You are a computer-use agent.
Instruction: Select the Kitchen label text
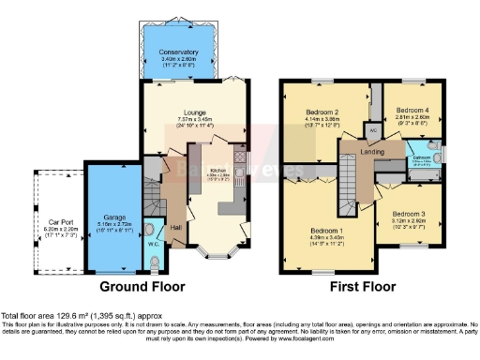click(217, 169)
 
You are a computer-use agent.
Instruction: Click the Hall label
click(177, 226)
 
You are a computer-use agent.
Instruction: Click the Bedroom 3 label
click(409, 214)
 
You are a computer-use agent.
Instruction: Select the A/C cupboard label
click(372, 130)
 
